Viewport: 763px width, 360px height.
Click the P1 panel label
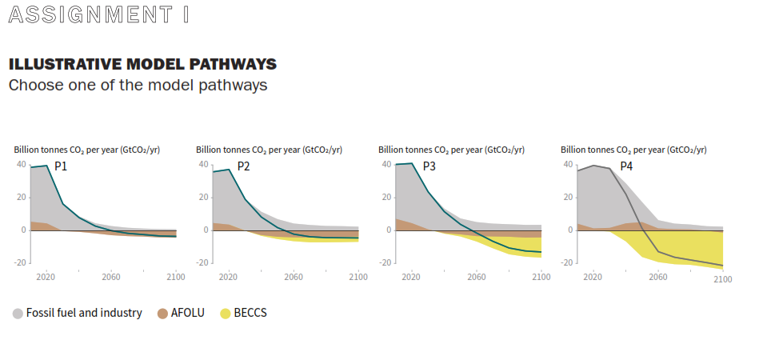tap(60, 166)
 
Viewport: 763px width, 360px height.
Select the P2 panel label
tap(243, 166)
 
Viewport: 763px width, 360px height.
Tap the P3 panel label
tap(429, 166)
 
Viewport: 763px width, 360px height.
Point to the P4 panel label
tap(626, 166)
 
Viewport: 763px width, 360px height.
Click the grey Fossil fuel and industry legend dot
tap(18, 314)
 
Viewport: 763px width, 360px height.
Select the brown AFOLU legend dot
tap(162, 314)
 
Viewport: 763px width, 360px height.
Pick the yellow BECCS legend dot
tap(226, 314)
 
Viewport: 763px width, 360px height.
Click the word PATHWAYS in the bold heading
tap(233, 64)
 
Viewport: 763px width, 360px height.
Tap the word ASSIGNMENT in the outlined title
tap(90, 14)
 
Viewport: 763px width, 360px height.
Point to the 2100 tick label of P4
tap(723, 279)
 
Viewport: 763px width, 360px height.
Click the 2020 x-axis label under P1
tap(46, 277)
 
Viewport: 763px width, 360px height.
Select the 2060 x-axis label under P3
tap(477, 277)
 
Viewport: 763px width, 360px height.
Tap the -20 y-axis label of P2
tap(203, 262)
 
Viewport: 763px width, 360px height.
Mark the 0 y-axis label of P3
tap(389, 230)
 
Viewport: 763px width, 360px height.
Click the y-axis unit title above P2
tap(269, 150)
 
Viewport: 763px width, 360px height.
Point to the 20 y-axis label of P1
tap(22, 198)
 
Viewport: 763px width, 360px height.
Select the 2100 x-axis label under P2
tap(358, 277)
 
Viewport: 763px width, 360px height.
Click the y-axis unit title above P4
tap(633, 150)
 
